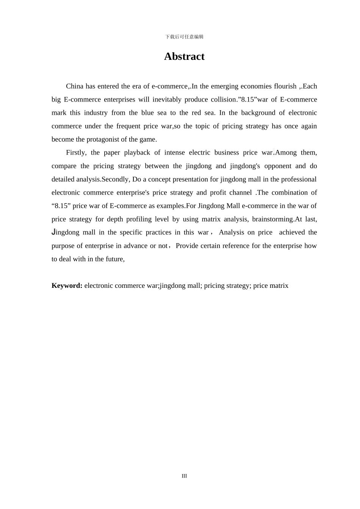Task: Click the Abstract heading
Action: pos(184,56)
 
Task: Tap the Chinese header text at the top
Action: pos(184,37)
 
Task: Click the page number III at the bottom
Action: pos(184,476)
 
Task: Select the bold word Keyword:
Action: pos(67,286)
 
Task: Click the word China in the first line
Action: pos(74,86)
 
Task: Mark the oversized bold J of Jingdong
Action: pos(53,232)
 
